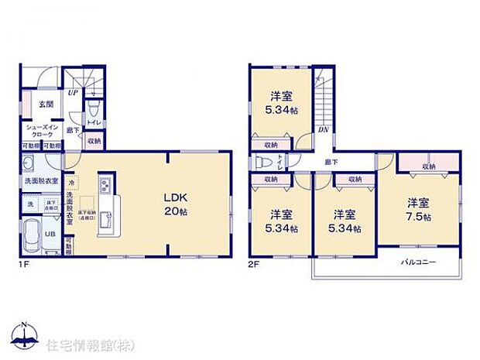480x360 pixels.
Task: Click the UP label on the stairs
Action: coord(71,93)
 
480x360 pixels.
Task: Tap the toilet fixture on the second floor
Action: coord(263,163)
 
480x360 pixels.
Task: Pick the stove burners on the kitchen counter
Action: coord(103,187)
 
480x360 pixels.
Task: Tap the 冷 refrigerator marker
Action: coord(72,183)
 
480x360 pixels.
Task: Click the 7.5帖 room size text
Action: coord(420,218)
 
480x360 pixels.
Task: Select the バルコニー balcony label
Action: coord(419,263)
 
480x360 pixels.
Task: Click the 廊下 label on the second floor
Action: coord(331,162)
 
